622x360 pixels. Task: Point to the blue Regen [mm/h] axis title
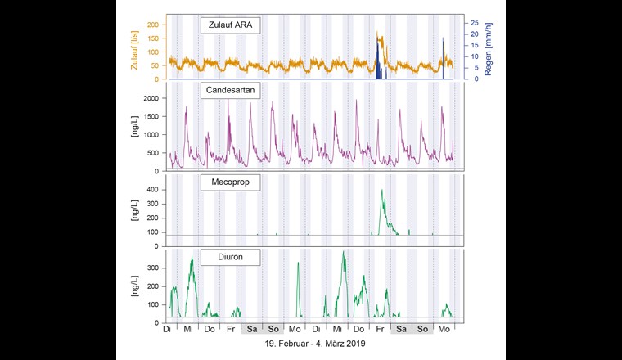coord(488,47)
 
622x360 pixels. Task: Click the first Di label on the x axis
coord(167,329)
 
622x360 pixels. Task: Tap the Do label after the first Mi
coord(210,329)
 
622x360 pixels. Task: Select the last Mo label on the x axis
coord(444,329)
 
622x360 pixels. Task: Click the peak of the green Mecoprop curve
coord(381,191)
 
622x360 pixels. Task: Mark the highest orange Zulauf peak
coord(377,34)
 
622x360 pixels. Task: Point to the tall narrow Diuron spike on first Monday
coord(298,263)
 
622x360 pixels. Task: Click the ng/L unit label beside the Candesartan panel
coord(135,132)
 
